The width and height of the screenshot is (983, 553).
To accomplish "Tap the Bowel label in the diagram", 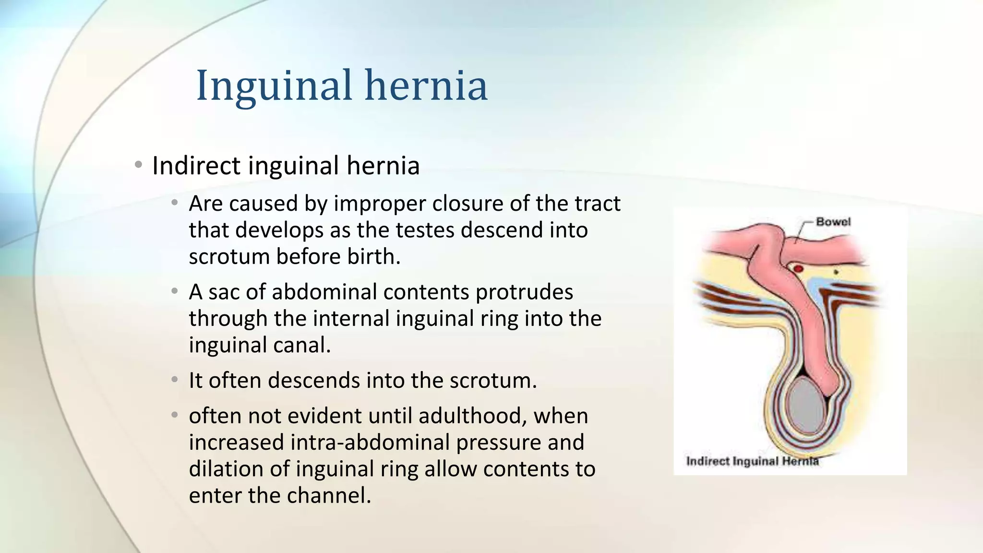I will (833, 222).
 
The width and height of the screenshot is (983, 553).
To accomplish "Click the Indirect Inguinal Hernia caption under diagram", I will (752, 461).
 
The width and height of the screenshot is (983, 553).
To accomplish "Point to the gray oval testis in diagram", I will (806, 405).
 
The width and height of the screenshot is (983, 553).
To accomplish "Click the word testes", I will (425, 230).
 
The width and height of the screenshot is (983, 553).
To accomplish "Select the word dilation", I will (226, 469).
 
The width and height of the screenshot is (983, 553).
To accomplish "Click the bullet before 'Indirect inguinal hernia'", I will (138, 165).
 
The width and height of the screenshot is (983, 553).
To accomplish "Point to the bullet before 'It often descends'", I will (175, 380).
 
